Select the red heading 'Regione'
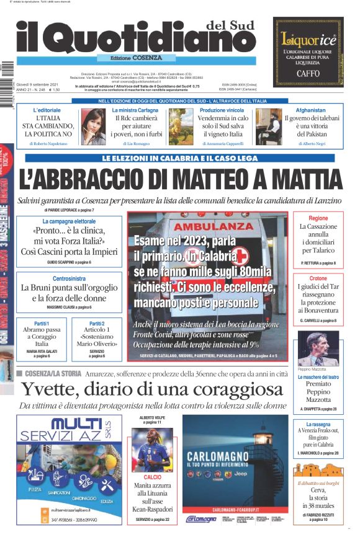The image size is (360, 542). tap(318, 219)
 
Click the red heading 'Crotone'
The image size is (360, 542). tap(318, 279)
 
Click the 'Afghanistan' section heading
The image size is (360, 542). tap(310, 110)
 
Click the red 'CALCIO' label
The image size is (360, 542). tap(152, 478)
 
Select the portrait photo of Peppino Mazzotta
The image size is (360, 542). tap(318, 349)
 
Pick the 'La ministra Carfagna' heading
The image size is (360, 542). tap(135, 110)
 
